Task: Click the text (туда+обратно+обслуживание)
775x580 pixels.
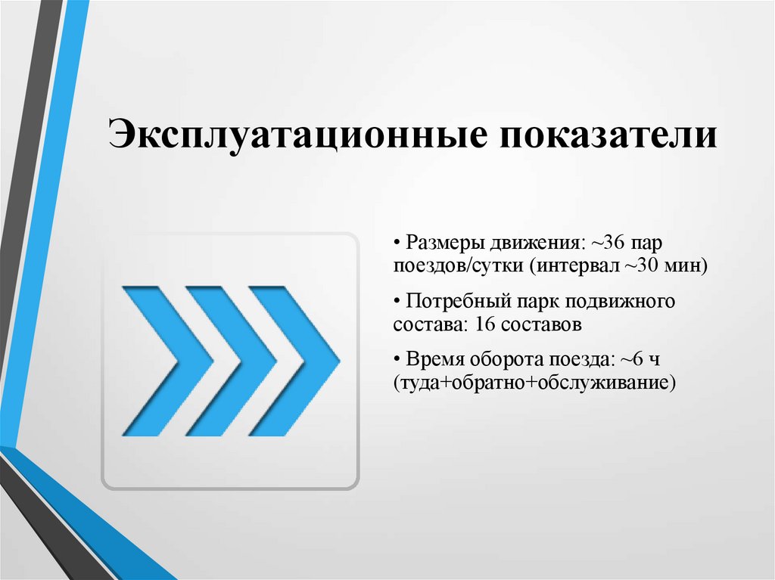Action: (534, 383)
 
